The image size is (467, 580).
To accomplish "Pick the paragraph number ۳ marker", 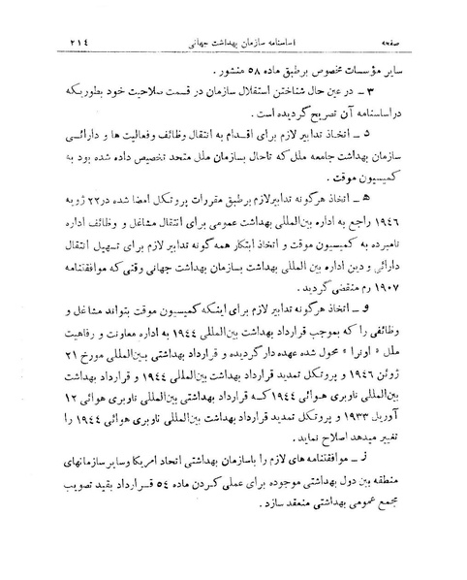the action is pos(392,90).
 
